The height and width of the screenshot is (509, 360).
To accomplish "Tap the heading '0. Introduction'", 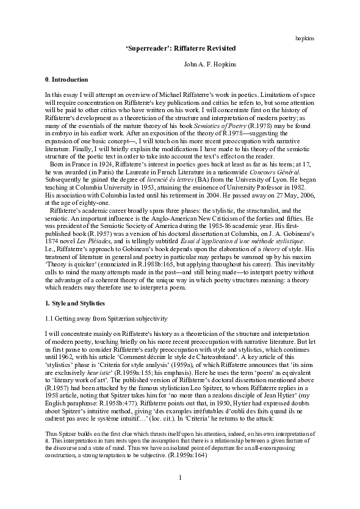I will point(67,80).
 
